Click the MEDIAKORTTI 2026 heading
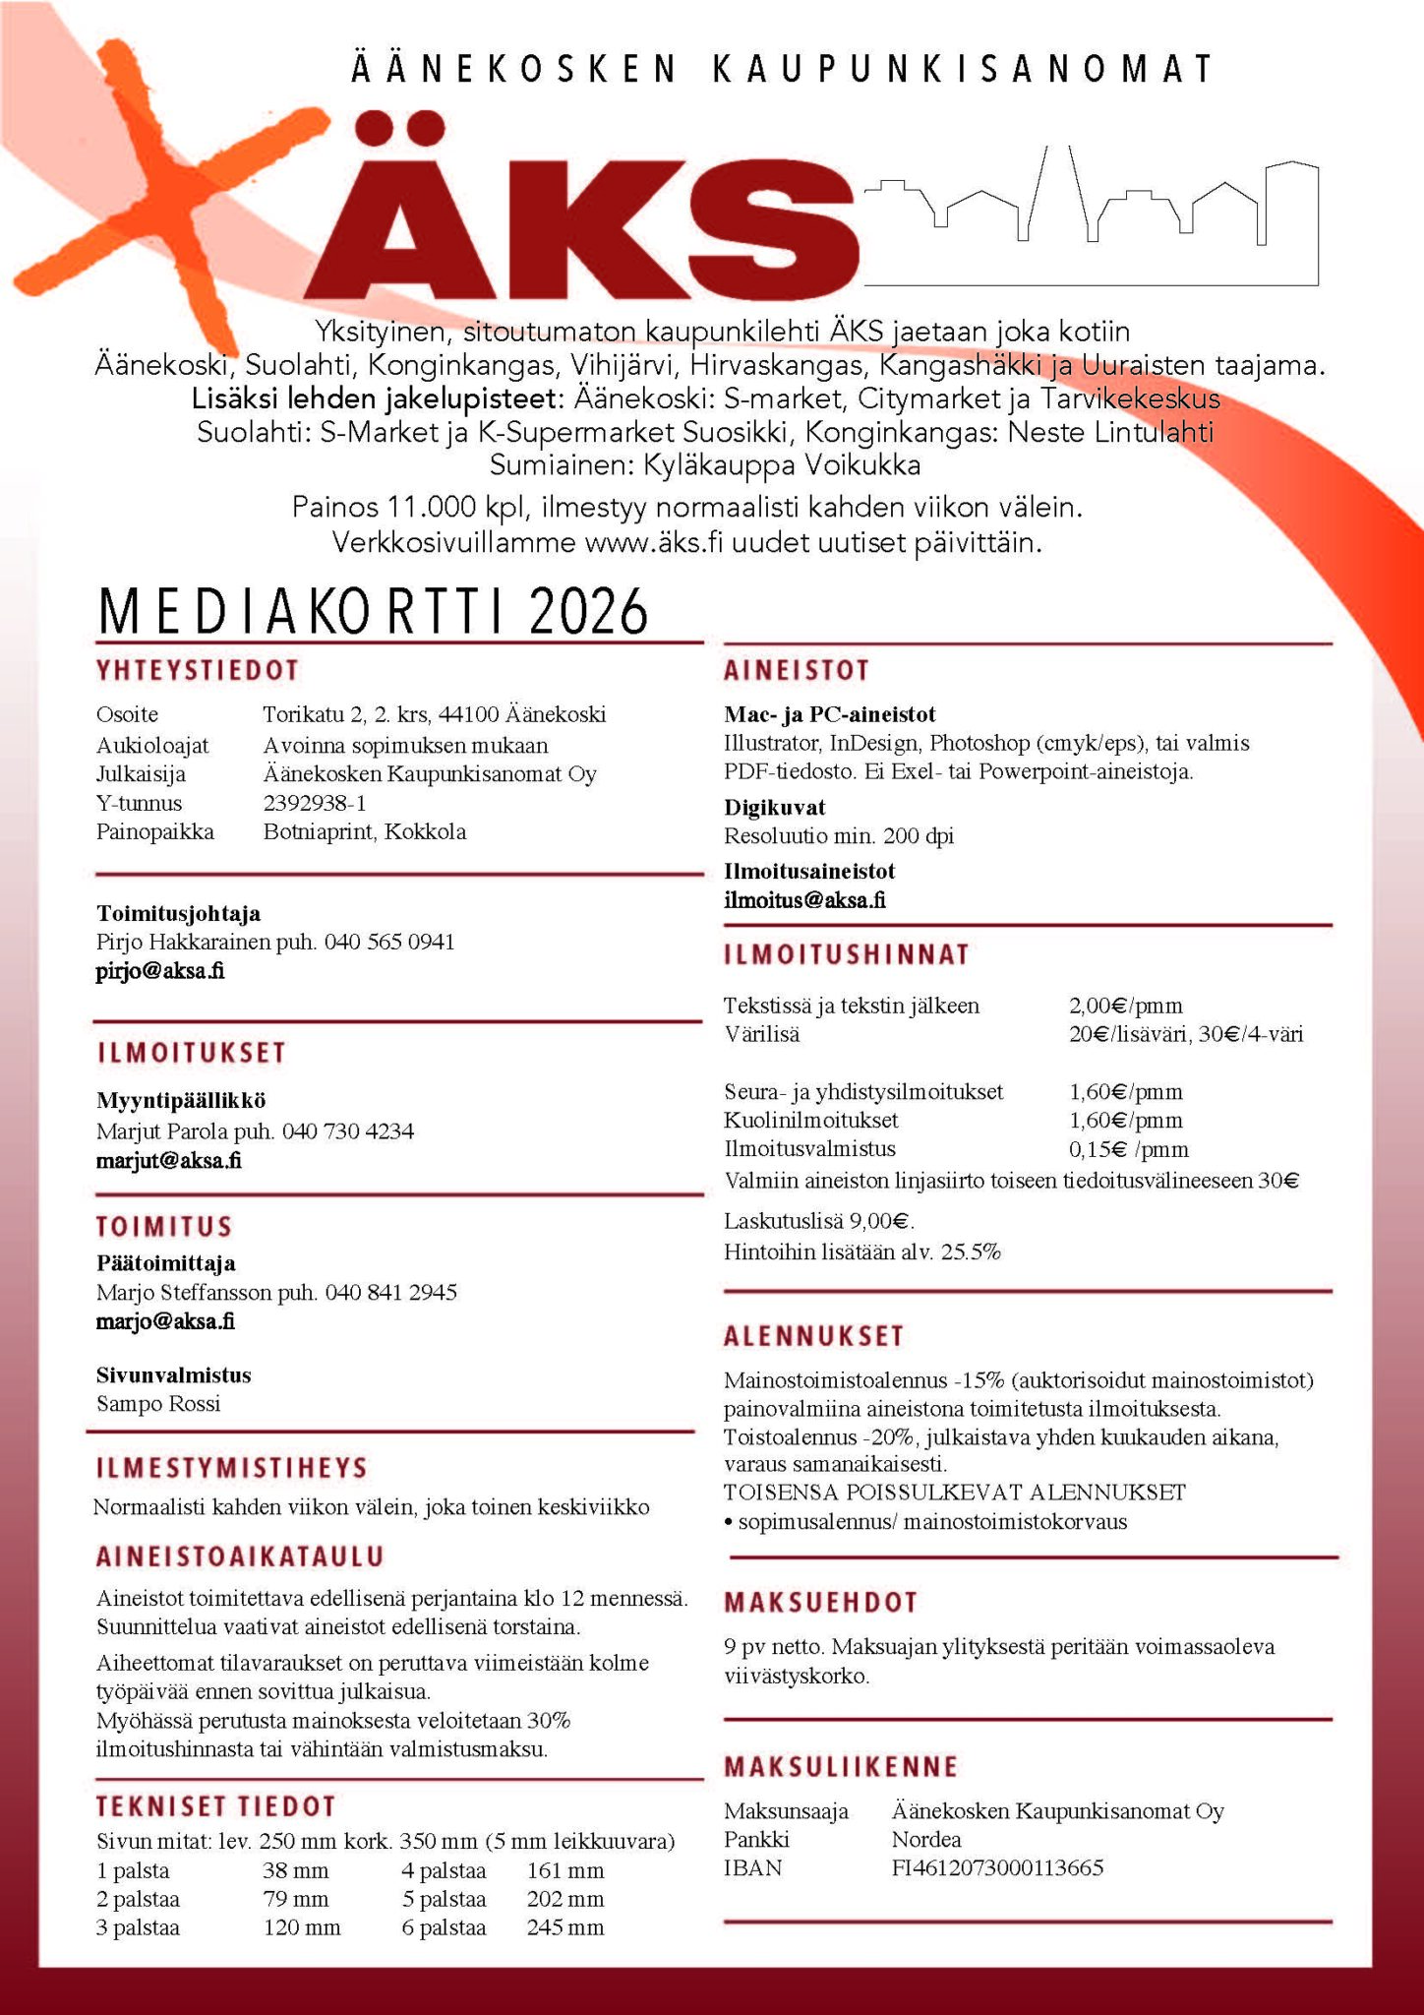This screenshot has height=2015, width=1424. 374,612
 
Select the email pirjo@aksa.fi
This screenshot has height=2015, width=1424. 160,971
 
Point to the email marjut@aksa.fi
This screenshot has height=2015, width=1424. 169,1160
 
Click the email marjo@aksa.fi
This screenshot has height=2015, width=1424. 165,1321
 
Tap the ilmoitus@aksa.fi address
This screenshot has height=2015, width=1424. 804,899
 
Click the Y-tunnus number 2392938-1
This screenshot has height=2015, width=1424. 315,803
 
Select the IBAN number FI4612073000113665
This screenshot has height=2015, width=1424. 997,1867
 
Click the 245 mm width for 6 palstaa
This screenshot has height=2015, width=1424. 565,1927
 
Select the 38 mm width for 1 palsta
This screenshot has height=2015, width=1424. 295,1870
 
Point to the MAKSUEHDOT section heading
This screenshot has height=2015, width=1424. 821,1603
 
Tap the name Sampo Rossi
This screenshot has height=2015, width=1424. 158,1404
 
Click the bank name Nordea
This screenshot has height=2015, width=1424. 926,1839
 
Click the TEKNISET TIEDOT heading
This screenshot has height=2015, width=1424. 216,1806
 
